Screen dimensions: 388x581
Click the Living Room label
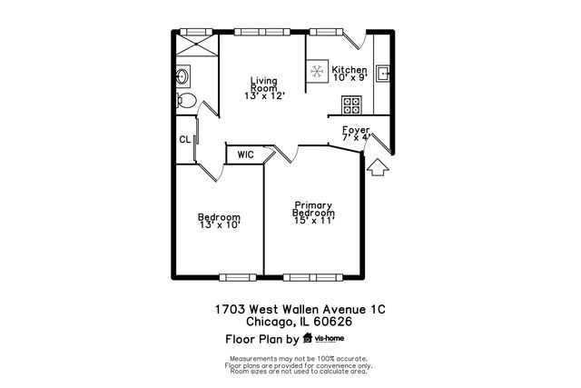coord(264,87)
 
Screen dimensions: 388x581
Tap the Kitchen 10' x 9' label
coord(350,75)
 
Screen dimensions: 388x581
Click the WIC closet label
coord(245,155)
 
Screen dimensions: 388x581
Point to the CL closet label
coord(184,140)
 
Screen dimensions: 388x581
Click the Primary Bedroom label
coord(314,213)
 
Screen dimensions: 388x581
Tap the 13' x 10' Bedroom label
coord(220,221)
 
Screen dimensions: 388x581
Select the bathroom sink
coord(182,75)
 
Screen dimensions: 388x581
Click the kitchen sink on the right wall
coord(382,73)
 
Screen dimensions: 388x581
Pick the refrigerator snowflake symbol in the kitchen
coord(318,73)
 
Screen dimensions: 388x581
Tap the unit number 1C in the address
coord(375,309)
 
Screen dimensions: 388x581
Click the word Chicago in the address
coord(270,321)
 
